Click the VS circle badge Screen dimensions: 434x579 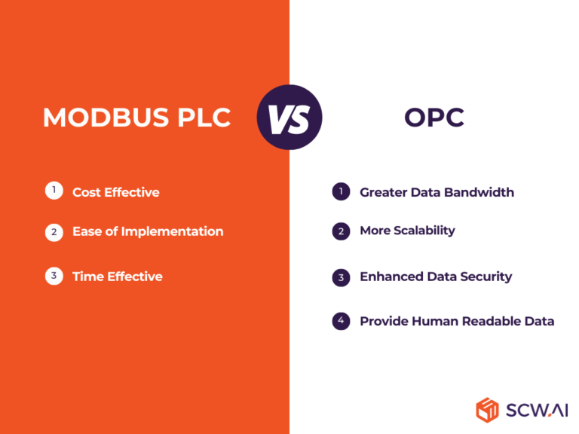click(x=289, y=117)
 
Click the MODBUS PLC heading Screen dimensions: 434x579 click(x=136, y=118)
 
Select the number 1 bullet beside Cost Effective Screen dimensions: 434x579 click(x=54, y=191)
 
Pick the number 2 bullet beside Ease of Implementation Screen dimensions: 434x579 click(x=54, y=232)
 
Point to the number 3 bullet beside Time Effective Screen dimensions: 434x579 click(x=54, y=276)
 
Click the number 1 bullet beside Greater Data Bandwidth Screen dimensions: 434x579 click(x=341, y=192)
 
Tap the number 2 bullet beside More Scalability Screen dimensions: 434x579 click(x=341, y=231)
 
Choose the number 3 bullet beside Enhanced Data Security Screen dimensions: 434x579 click(x=341, y=277)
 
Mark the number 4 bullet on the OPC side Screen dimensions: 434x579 click(x=341, y=321)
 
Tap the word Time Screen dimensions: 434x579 click(x=87, y=277)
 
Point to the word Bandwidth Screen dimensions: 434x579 click(x=479, y=192)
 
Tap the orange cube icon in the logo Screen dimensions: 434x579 click(x=487, y=409)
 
